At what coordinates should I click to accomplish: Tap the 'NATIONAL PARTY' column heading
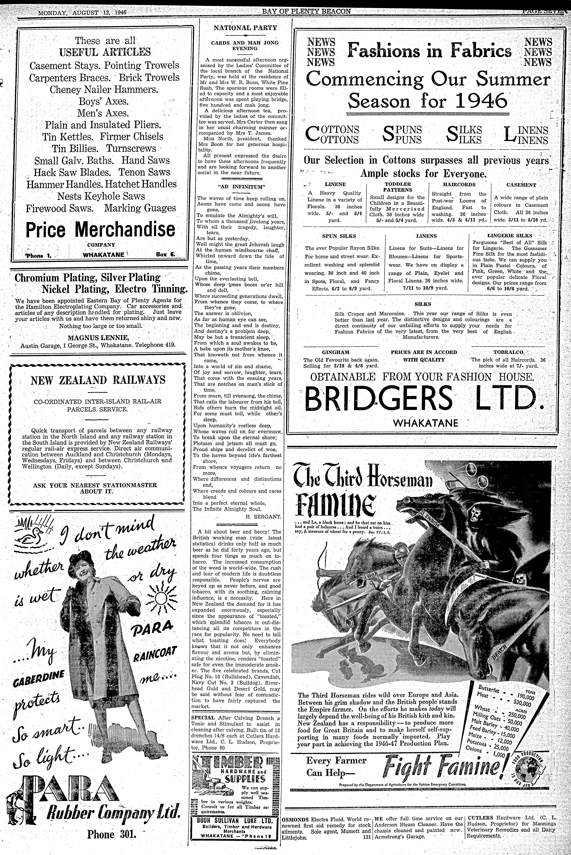pyautogui.click(x=245, y=28)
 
